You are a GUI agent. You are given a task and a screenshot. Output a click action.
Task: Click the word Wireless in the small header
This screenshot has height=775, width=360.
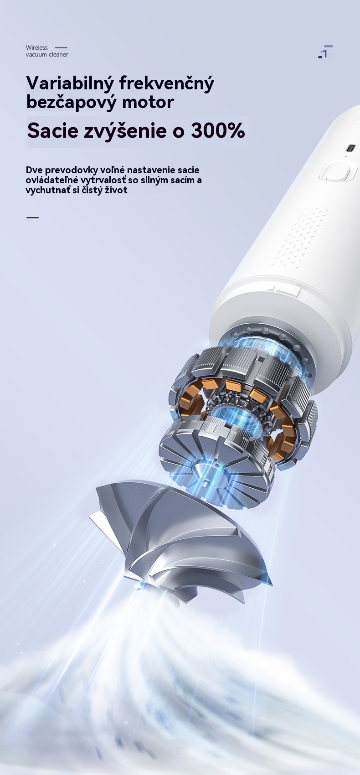pyautogui.click(x=36, y=48)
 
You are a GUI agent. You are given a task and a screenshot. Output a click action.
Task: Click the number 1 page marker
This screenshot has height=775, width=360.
pyautogui.click(x=325, y=53)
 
